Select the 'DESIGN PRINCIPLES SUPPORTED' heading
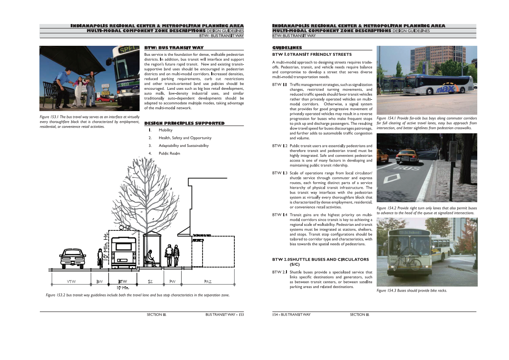pyautogui.click(x=184, y=123)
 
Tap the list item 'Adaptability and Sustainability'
pyautogui.click(x=184, y=146)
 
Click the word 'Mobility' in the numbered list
pyautogui.click(x=165, y=130)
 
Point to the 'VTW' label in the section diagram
pyautogui.click(x=72, y=282)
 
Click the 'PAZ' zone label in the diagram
pyautogui.click(x=208, y=282)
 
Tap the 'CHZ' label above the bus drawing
pyautogui.click(x=125, y=227)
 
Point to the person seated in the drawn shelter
pyautogui.click(x=150, y=258)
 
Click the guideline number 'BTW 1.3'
pyautogui.click(x=279, y=173)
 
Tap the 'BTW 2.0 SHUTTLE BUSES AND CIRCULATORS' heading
pyautogui.click(x=320, y=262)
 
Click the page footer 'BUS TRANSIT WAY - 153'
pyautogui.click(x=224, y=315)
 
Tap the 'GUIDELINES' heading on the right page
pyautogui.click(x=287, y=48)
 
